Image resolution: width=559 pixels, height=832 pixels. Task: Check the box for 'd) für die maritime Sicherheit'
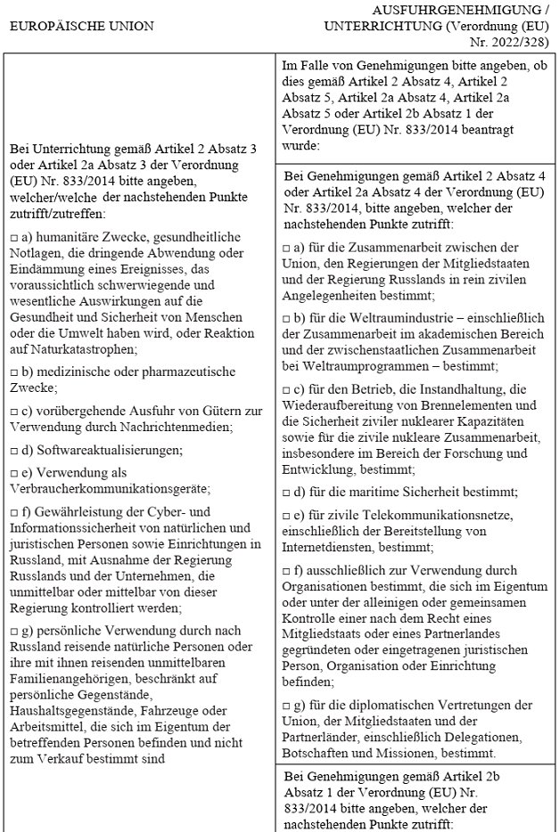(x=286, y=492)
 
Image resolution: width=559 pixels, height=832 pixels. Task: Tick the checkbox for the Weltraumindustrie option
(x=286, y=319)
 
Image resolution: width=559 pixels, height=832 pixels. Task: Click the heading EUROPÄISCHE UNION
(x=81, y=25)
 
